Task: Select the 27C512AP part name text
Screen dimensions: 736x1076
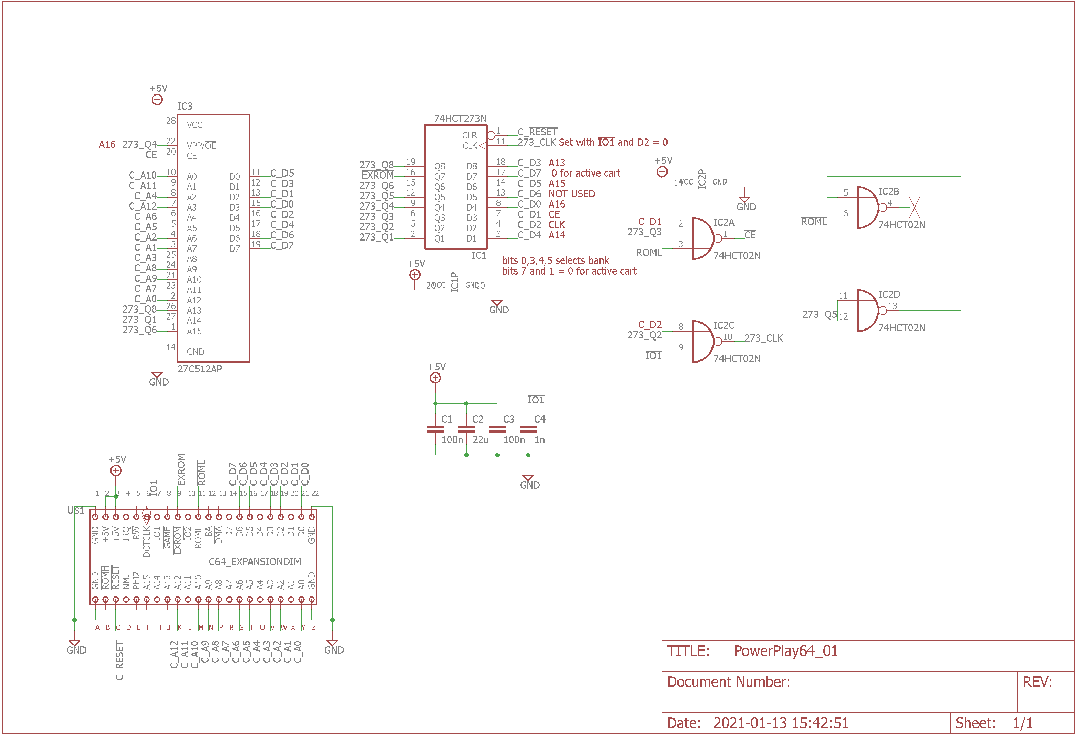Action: coord(200,369)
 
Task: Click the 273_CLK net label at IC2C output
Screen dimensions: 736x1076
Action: coord(763,338)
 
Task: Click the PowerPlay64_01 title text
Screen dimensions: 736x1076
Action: coord(785,651)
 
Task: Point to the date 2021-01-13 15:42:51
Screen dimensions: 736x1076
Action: coord(780,723)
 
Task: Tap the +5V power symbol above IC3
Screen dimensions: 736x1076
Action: coord(157,99)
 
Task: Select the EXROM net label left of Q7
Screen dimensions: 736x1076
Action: coord(377,176)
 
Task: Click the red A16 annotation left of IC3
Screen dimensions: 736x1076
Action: coord(107,145)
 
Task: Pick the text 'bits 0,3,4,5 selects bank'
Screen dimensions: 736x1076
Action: coord(555,260)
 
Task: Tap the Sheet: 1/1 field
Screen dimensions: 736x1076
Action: coord(994,723)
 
